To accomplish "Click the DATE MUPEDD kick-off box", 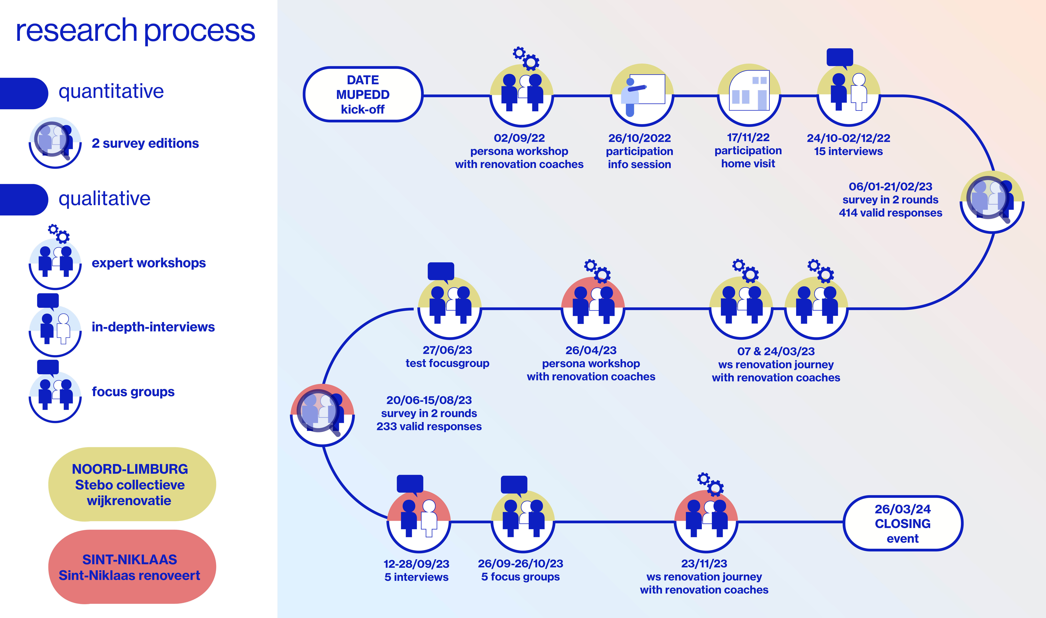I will pos(363,95).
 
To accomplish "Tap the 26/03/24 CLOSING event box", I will pos(902,523).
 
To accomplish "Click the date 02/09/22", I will pos(519,138).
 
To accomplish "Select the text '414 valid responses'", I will pos(890,213).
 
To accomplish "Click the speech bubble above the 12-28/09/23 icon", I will pos(410,484).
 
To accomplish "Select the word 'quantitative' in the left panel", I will pos(111,91).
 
